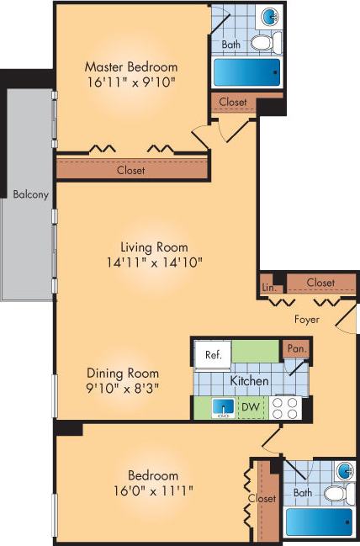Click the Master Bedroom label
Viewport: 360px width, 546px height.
click(130, 66)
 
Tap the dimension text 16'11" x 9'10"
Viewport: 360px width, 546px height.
click(130, 82)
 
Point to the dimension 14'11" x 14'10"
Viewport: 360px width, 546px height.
click(153, 262)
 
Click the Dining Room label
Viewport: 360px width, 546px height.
click(122, 373)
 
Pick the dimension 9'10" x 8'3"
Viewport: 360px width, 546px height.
click(122, 388)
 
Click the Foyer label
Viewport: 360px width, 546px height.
click(307, 320)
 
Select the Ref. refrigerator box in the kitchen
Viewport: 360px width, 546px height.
click(213, 355)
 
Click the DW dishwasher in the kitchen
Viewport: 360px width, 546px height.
click(250, 407)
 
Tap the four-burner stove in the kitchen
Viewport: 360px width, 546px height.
click(285, 408)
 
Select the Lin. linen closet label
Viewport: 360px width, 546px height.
click(269, 287)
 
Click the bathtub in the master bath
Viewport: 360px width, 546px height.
click(244, 72)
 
